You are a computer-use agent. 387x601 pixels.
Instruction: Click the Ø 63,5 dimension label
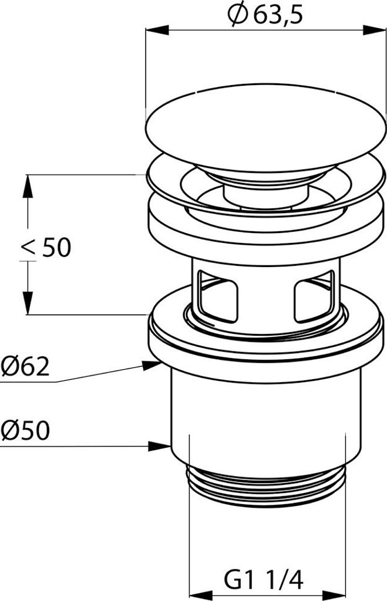click(x=265, y=15)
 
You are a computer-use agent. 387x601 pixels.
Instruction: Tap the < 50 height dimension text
click(x=46, y=247)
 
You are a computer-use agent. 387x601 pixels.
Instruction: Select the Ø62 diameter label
click(x=25, y=367)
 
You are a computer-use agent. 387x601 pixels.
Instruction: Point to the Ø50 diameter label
click(x=25, y=430)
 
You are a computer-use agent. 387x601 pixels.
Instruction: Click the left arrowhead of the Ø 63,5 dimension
click(x=157, y=31)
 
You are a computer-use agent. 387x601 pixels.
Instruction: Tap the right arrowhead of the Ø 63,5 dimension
click(x=374, y=31)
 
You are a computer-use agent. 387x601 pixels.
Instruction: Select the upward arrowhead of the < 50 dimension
click(x=27, y=186)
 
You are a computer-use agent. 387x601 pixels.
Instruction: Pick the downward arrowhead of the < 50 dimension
click(x=27, y=303)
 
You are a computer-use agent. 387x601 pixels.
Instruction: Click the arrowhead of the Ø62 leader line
click(x=151, y=364)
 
